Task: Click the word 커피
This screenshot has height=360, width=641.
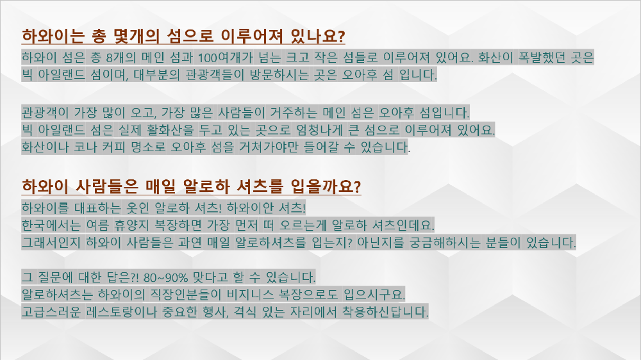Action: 113,147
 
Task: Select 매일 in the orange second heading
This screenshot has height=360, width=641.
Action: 160,187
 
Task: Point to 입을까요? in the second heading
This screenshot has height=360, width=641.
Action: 326,187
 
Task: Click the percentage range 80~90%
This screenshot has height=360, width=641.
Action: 165,277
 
